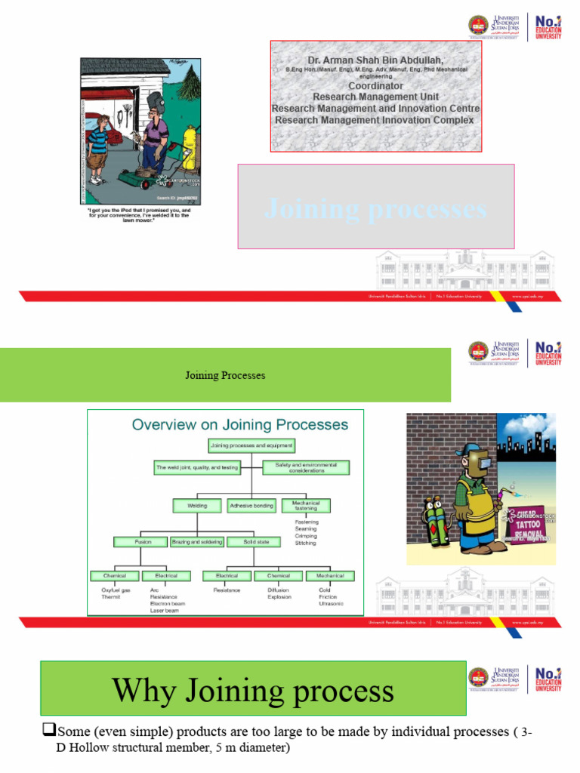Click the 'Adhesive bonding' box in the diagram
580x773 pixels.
(251, 506)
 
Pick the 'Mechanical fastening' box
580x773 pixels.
(306, 506)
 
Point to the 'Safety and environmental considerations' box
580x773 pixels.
(306, 467)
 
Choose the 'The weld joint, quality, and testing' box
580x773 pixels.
(197, 467)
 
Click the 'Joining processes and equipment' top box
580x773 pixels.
(251, 445)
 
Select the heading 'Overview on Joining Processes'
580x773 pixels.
(240, 424)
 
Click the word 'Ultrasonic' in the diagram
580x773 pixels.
(331, 603)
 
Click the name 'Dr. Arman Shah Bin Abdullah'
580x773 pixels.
(375, 60)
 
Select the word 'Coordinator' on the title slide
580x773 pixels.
(375, 86)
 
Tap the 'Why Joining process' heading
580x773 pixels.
(253, 691)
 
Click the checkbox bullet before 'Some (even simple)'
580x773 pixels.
(49, 731)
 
